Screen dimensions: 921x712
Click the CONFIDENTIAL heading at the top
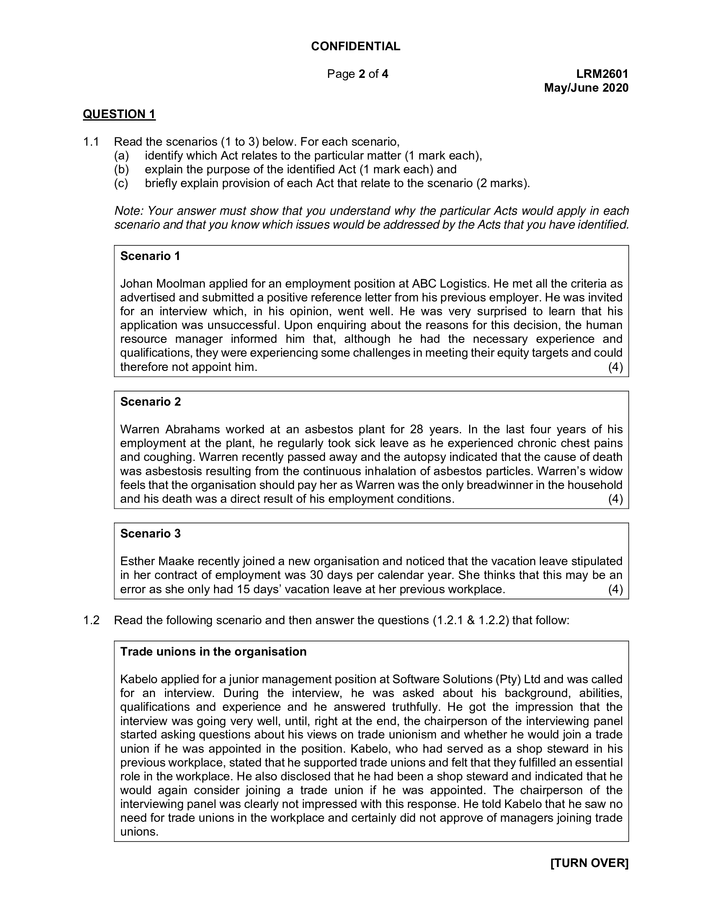point(356,46)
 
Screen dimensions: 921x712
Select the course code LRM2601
point(602,74)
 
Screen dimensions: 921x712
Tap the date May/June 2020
point(586,88)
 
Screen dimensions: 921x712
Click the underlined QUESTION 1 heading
point(119,114)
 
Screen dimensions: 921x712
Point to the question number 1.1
point(91,141)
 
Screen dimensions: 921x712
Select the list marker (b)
point(121,170)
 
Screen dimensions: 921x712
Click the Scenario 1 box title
point(150,256)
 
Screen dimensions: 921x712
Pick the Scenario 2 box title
point(151,401)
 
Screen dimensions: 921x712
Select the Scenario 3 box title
point(151,533)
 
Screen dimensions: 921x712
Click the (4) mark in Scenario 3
point(615,589)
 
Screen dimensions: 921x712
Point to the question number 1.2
point(91,620)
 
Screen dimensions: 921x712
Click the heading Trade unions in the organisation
point(214,651)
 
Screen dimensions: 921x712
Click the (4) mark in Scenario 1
point(615,367)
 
